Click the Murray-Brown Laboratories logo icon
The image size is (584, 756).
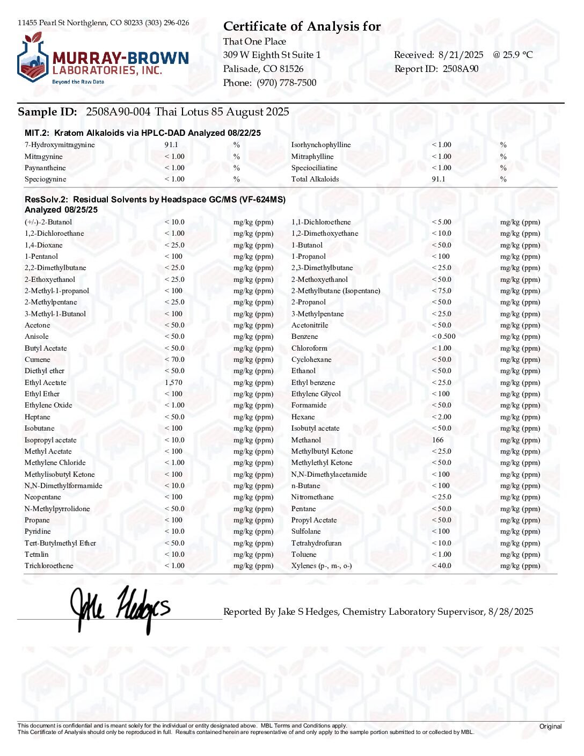coord(33,59)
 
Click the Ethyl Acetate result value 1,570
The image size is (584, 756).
coord(173,383)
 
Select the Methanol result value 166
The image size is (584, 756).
coord(437,440)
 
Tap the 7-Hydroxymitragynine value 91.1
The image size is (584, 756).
coord(171,145)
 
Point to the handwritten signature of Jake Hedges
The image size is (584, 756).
coord(120,609)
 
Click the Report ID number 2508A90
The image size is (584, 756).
coord(461,69)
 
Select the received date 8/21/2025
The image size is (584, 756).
coord(461,55)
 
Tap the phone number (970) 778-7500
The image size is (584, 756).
coord(286,83)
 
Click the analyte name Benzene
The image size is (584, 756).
coord(304,337)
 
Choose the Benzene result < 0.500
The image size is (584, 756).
coord(443,337)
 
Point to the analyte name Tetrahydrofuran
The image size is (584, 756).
coord(316,543)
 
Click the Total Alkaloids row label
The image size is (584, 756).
coord(315,179)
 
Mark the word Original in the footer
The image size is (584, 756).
coord(550,726)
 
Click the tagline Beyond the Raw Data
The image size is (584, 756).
coord(78,82)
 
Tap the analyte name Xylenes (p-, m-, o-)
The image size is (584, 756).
coord(322,566)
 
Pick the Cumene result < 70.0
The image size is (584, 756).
coord(174,360)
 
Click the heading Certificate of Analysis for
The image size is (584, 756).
coord(302,26)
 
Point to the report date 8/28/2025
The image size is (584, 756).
coord(510,612)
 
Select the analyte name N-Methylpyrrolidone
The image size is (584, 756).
coord(57,509)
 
